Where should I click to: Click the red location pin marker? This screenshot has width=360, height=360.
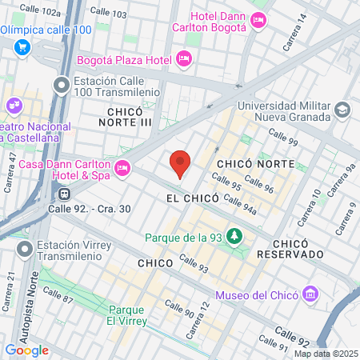click(x=180, y=163)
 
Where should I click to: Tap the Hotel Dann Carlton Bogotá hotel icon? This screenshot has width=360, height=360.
click(x=258, y=22)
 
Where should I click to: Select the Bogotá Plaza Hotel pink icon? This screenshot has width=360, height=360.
click(x=183, y=59)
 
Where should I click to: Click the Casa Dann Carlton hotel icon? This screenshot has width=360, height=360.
click(x=122, y=167)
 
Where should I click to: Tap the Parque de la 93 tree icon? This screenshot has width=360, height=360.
click(x=234, y=236)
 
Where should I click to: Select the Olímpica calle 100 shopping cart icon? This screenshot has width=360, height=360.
click(x=22, y=46)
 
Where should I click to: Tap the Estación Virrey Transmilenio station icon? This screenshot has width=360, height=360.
click(x=26, y=250)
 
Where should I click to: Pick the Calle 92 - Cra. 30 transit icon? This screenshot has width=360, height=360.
click(x=62, y=193)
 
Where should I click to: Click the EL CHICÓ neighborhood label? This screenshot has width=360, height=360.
click(x=190, y=196)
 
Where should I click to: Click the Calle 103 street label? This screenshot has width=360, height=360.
click(x=108, y=14)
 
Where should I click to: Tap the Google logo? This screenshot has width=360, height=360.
click(x=26, y=350)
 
